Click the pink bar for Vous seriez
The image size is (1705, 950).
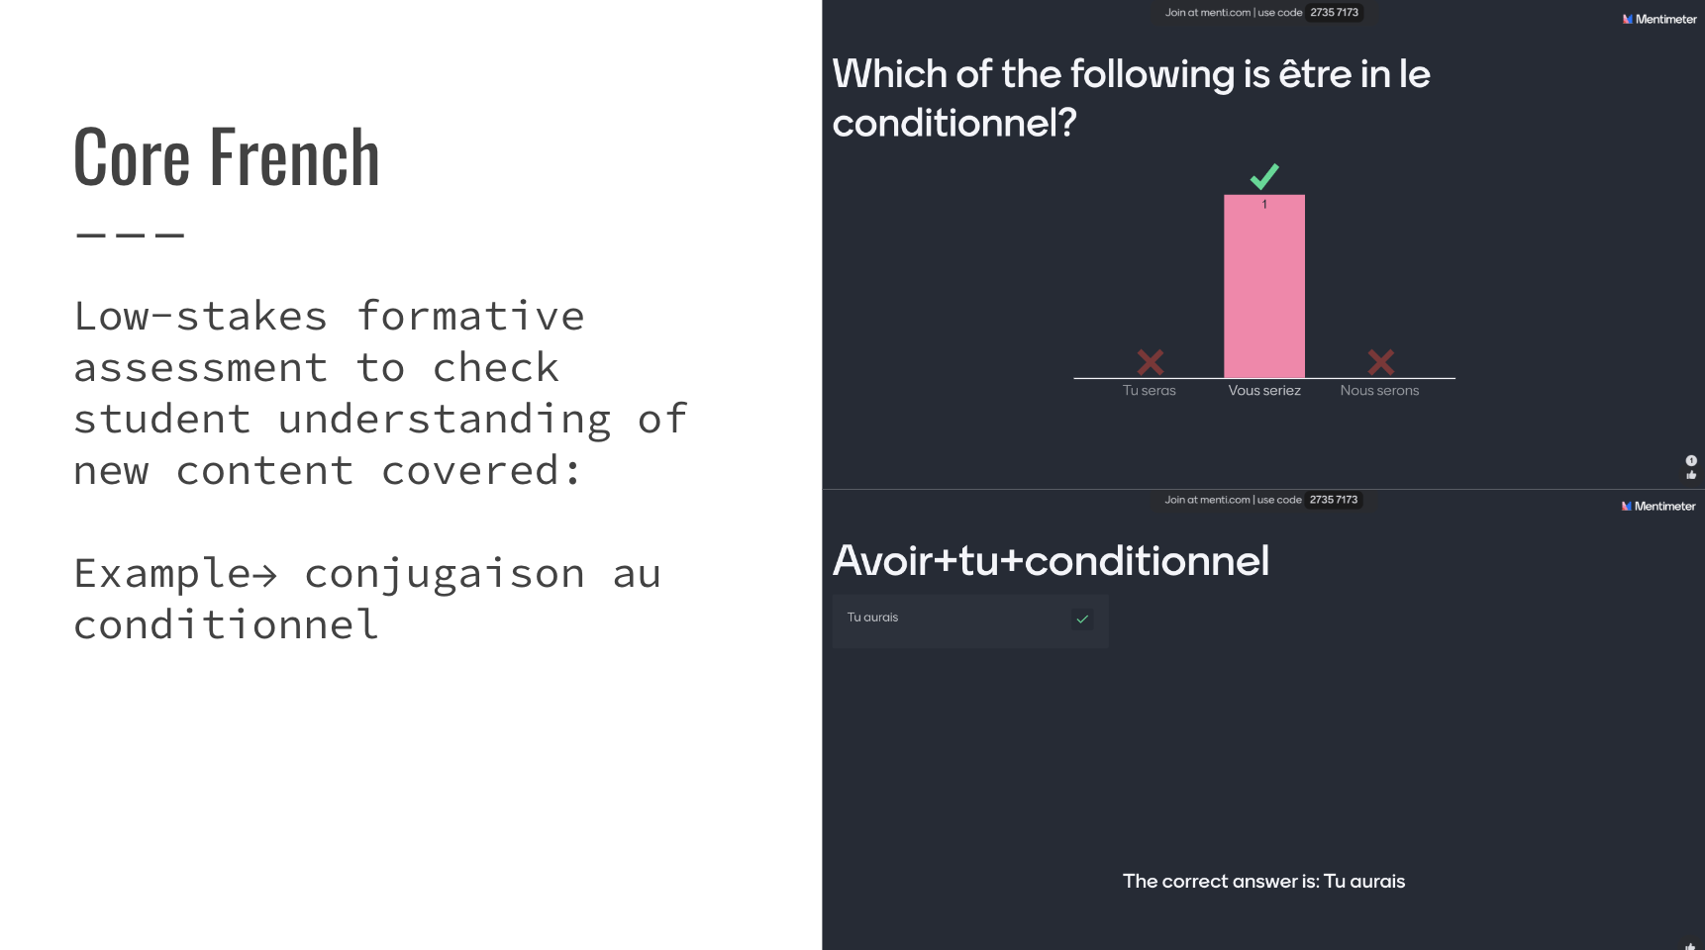pos(1264,286)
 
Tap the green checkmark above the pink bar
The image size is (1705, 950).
pos(1264,176)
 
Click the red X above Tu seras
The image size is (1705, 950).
pos(1150,362)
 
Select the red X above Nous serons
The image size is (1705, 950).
pos(1380,362)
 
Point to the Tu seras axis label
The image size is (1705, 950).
pos(1150,391)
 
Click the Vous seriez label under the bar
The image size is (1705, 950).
pos(1264,391)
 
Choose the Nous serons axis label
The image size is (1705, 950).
pos(1379,391)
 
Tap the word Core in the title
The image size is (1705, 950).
pos(132,157)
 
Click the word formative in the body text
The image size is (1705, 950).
pos(470,317)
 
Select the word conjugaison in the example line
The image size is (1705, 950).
pos(445,574)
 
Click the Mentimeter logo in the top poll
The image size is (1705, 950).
pos(1659,19)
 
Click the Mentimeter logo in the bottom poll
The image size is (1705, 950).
pos(1658,506)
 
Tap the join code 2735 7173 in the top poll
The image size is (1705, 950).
pos(1335,13)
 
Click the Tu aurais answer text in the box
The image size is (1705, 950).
pos(872,617)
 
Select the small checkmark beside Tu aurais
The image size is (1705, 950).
pos(1082,619)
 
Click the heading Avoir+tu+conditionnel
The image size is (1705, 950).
pos(1051,561)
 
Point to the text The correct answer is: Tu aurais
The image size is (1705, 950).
pos(1263,882)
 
